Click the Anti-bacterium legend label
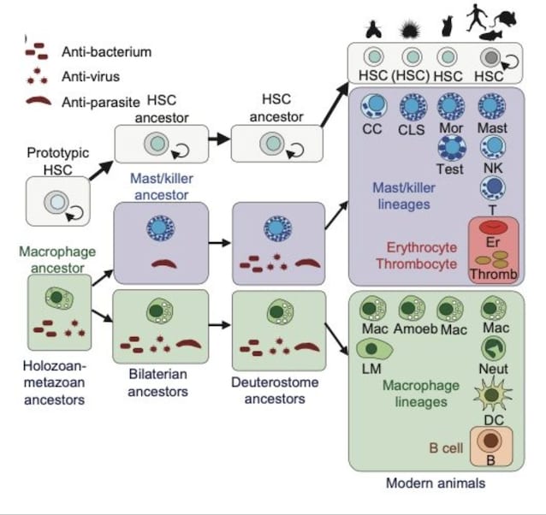coord(107,52)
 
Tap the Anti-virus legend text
coord(91,76)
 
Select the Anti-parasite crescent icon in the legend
coord(39,101)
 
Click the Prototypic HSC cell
coord(56,202)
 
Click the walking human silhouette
coord(476,17)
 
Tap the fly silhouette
coord(373,30)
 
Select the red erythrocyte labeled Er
coord(493,228)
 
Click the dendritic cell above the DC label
coord(492,395)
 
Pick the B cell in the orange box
coord(490,441)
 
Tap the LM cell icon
coord(374,349)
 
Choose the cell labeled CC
coord(374,106)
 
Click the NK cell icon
coord(493,147)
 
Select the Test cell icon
coord(452,148)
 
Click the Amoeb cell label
coord(415,329)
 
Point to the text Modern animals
coord(436,483)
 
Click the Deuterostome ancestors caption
coord(275,390)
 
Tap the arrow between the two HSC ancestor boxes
coord(219,139)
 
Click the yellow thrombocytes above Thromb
coord(492,259)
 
